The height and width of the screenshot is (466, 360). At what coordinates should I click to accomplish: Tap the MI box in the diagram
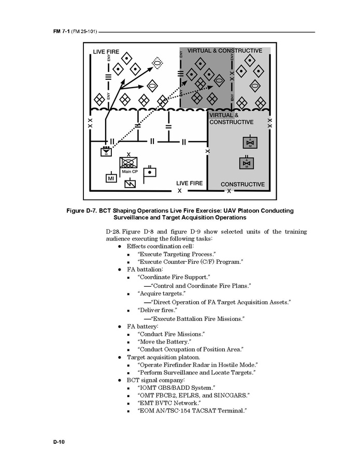[111, 178]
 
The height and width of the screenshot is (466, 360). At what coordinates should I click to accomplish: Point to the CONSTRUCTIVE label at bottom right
[242, 185]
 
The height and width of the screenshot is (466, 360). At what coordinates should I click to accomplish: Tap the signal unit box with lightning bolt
[130, 183]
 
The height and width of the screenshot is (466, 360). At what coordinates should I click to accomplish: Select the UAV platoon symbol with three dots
[106, 151]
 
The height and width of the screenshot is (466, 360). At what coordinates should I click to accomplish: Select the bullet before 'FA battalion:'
[120, 270]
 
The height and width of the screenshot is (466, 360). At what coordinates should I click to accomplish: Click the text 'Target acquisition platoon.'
[163, 358]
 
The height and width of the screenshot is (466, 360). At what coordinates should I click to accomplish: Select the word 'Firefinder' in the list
[178, 365]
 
